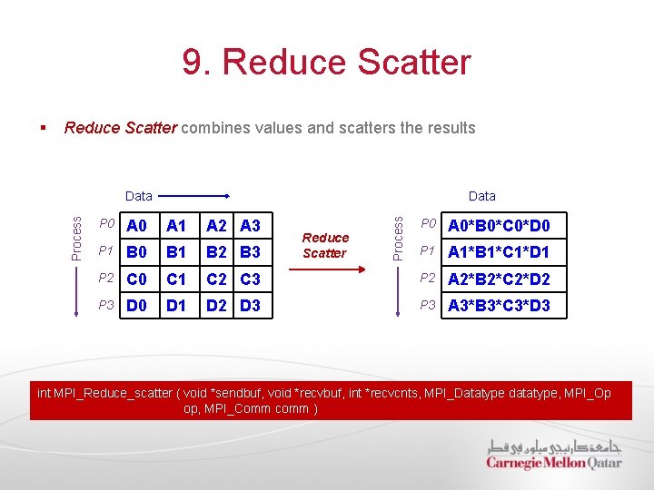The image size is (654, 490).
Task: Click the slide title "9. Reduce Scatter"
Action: tap(327, 63)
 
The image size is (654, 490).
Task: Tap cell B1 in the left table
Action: tap(177, 252)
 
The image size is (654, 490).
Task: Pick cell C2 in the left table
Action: tap(217, 279)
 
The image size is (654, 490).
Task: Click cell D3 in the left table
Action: tap(250, 306)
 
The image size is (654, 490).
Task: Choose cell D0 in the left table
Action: tap(137, 306)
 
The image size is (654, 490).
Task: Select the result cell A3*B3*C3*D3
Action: tap(499, 306)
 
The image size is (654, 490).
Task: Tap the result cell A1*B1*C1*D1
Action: tap(499, 252)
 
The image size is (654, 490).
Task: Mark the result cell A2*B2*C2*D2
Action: tap(499, 279)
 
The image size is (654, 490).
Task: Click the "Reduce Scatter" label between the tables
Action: tap(325, 246)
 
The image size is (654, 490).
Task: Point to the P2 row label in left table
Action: tap(107, 279)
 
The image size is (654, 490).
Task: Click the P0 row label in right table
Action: tap(428, 224)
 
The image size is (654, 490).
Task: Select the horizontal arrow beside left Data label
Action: tap(195, 196)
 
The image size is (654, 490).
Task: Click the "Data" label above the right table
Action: tap(481, 196)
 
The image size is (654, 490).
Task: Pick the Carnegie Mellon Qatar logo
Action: tap(553, 455)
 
